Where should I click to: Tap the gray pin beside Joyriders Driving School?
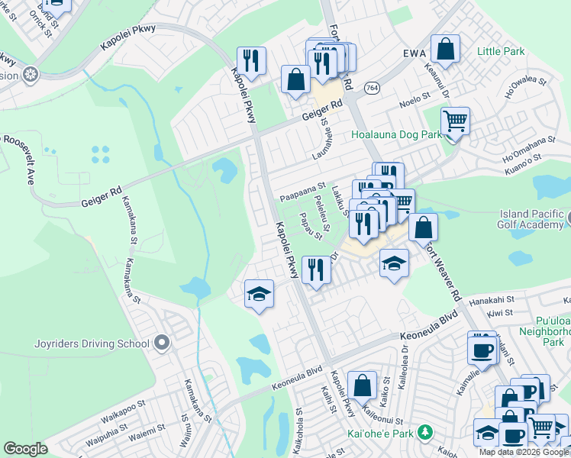coord(160,343)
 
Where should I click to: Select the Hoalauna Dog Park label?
coord(396,134)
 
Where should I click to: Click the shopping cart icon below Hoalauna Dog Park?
coord(455,121)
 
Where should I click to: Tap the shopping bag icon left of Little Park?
coord(446,49)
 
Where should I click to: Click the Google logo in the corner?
coord(24,449)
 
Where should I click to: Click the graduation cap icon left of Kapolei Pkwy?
coord(260,295)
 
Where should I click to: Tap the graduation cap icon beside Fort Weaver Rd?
coord(393,264)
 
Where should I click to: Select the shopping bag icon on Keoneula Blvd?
coord(363,385)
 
